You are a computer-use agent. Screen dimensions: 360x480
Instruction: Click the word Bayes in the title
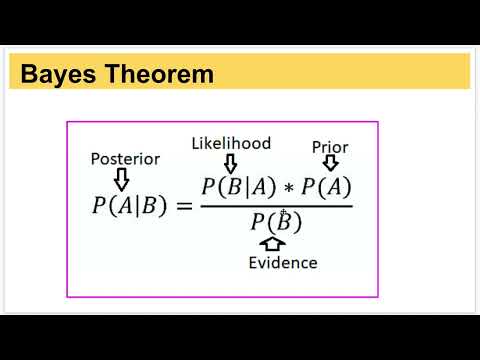55,73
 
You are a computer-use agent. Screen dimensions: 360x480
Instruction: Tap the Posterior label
125,158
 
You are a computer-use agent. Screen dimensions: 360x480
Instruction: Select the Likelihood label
231,143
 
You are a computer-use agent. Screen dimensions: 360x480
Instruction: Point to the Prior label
330,147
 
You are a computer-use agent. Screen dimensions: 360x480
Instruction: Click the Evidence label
283,263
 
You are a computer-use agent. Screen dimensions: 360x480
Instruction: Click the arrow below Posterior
122,178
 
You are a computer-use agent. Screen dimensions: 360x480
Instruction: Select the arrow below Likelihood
231,162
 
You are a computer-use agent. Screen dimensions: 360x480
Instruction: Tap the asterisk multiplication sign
288,189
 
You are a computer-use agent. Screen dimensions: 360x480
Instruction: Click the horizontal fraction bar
276,205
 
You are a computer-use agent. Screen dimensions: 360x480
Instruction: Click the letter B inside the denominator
282,222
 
